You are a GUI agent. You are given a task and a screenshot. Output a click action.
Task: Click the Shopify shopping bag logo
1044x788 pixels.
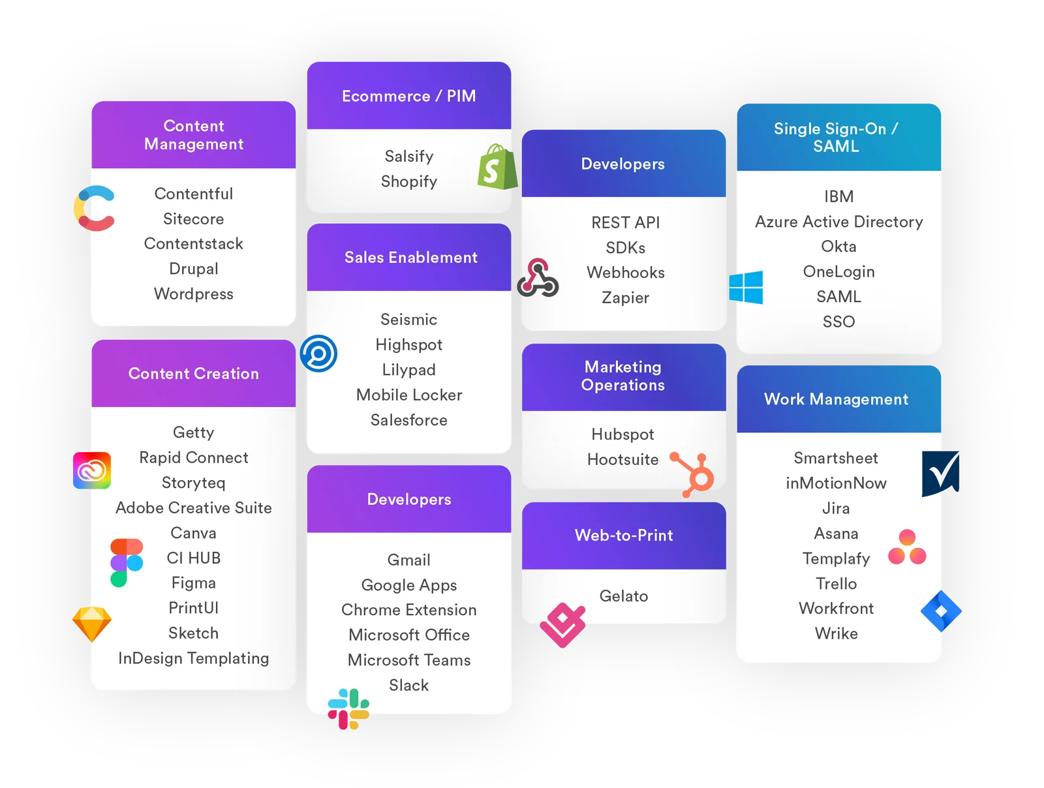pyautogui.click(x=497, y=167)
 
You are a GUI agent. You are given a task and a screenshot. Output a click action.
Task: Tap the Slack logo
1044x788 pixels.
pyautogui.click(x=348, y=709)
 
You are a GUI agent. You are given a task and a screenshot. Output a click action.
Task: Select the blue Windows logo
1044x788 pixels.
pyautogui.click(x=746, y=288)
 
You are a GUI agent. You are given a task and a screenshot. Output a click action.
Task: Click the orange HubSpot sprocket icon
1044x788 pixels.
pyautogui.click(x=696, y=474)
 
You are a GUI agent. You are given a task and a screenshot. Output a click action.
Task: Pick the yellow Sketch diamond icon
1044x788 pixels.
pyautogui.click(x=91, y=624)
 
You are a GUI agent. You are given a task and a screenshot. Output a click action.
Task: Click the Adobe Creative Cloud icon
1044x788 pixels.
pyautogui.click(x=91, y=470)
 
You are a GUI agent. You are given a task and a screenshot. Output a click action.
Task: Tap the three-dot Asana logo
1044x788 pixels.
pyautogui.click(x=907, y=547)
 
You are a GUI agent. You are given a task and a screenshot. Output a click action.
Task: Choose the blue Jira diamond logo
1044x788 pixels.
pyautogui.click(x=941, y=611)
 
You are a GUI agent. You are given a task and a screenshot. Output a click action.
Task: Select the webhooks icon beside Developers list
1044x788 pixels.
pyautogui.click(x=538, y=279)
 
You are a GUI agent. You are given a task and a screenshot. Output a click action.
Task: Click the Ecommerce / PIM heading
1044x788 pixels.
pyautogui.click(x=408, y=96)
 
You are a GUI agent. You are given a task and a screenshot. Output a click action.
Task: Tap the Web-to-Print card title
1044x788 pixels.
pyautogui.click(x=623, y=535)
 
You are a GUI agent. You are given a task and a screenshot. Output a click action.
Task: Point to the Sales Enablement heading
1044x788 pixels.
pyautogui.click(x=410, y=257)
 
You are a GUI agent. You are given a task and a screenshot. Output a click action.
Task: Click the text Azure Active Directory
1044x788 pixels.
pyautogui.click(x=838, y=222)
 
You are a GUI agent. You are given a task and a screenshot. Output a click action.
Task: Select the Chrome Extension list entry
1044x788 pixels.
pyautogui.click(x=408, y=610)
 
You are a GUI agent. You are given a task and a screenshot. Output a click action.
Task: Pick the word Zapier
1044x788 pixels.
pyautogui.click(x=625, y=297)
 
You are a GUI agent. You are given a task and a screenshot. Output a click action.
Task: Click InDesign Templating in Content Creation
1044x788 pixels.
pyautogui.click(x=193, y=658)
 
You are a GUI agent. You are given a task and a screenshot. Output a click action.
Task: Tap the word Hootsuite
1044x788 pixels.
pyautogui.click(x=622, y=459)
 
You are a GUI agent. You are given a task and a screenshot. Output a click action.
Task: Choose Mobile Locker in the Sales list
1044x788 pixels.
pyautogui.click(x=408, y=395)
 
